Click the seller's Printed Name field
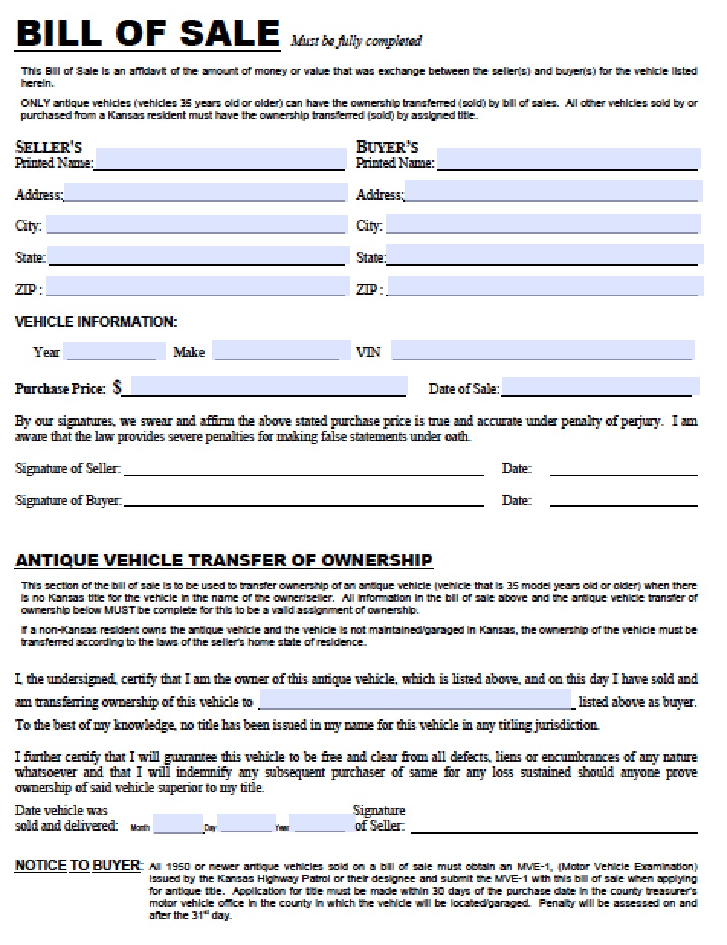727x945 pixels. (x=220, y=160)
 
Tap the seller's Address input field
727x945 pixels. (x=205, y=192)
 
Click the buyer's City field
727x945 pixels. (x=543, y=224)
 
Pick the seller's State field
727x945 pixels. (x=197, y=256)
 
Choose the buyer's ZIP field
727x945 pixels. (x=545, y=287)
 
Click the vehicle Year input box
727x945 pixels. (x=115, y=351)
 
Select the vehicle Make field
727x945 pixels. (x=282, y=350)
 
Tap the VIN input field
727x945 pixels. (x=542, y=350)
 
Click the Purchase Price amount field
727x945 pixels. (x=268, y=387)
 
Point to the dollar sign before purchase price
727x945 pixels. (x=117, y=388)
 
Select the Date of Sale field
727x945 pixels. (x=599, y=387)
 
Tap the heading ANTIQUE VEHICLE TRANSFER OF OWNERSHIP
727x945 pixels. (x=224, y=560)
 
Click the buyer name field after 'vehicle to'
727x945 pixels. (x=415, y=699)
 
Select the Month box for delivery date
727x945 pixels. (x=177, y=824)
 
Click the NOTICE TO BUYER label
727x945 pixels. (x=78, y=866)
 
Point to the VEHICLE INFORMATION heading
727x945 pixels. (x=96, y=322)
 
